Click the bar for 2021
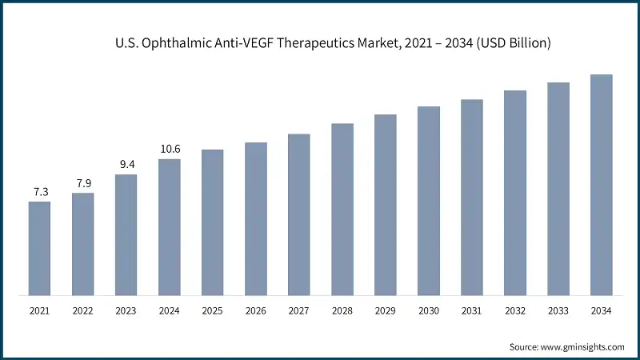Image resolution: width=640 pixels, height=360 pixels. click(39, 248)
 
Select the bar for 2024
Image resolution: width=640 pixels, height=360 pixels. click(169, 227)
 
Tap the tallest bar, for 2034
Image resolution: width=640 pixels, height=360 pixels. click(601, 185)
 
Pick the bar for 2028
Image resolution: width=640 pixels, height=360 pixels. click(342, 210)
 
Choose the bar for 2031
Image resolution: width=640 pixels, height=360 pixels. click(471, 198)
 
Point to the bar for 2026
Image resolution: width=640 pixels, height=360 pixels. click(255, 219)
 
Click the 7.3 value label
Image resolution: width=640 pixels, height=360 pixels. click(39, 192)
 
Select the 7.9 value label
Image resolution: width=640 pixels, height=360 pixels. click(82, 183)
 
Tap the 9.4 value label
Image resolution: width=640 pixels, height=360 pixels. click(126, 165)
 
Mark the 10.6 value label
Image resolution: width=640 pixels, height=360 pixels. click(169, 149)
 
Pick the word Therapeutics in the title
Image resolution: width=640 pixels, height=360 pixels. click(302, 43)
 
